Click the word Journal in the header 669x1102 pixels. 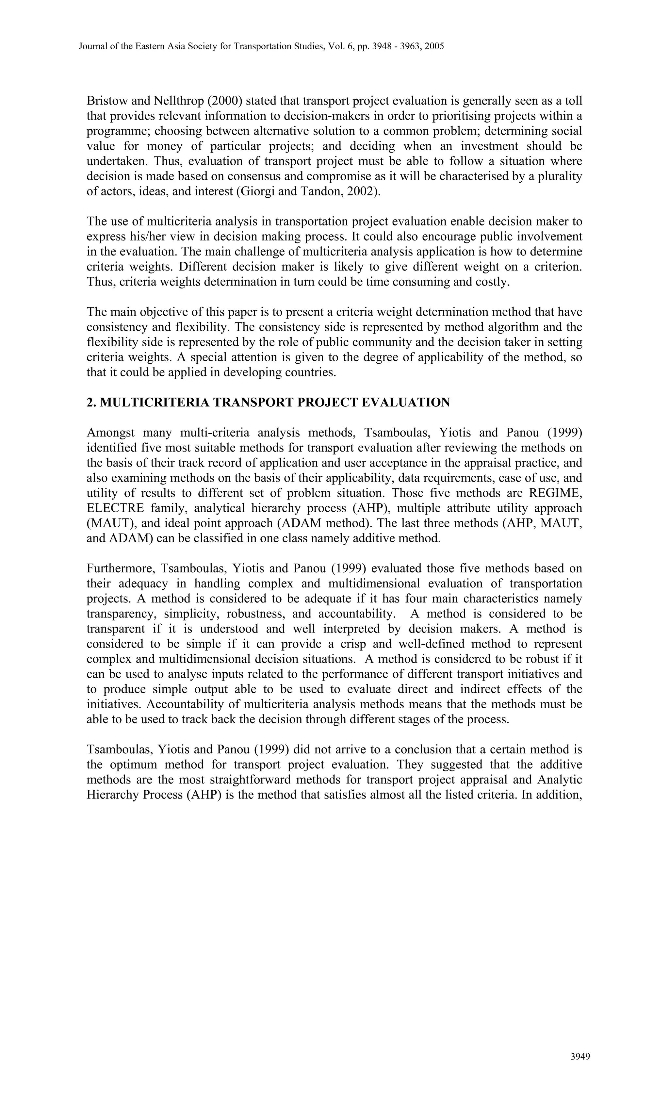pos(92,46)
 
